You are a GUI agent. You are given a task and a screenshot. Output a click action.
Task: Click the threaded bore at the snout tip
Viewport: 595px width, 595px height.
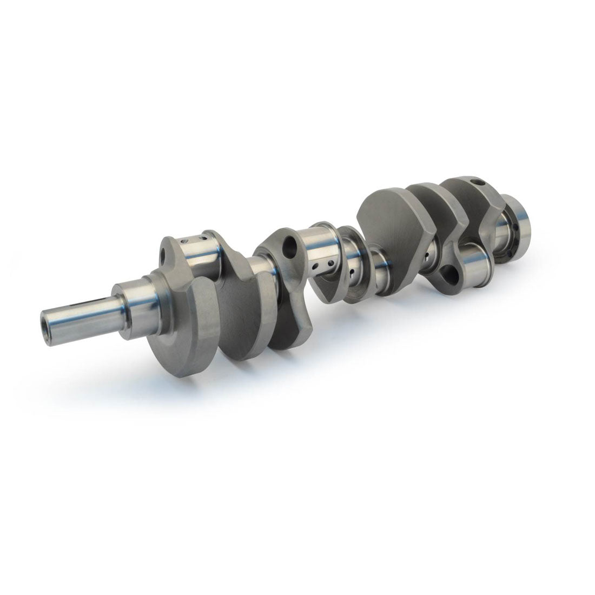click(x=50, y=320)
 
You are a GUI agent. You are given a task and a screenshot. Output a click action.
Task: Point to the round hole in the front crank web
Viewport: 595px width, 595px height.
click(x=163, y=253)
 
